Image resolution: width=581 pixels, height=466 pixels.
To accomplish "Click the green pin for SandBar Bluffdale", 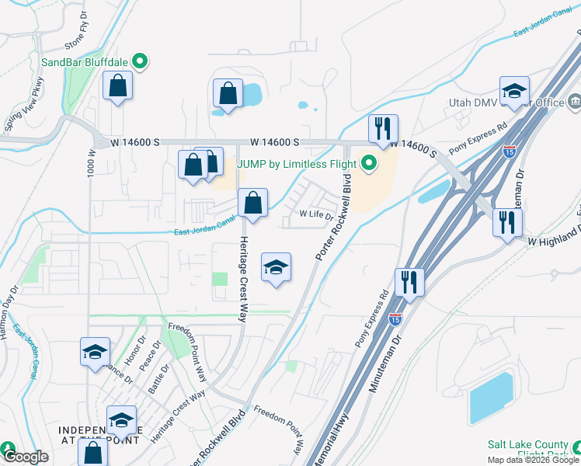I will pos(140,60).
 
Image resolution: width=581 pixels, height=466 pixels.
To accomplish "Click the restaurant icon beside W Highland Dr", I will pos(507,224).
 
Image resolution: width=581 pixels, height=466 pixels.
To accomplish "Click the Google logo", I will pos(26,457).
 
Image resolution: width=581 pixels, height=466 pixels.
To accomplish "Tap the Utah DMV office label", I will pos(506,103).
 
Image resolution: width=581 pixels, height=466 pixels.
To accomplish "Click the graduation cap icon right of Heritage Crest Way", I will pos(276,269).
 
